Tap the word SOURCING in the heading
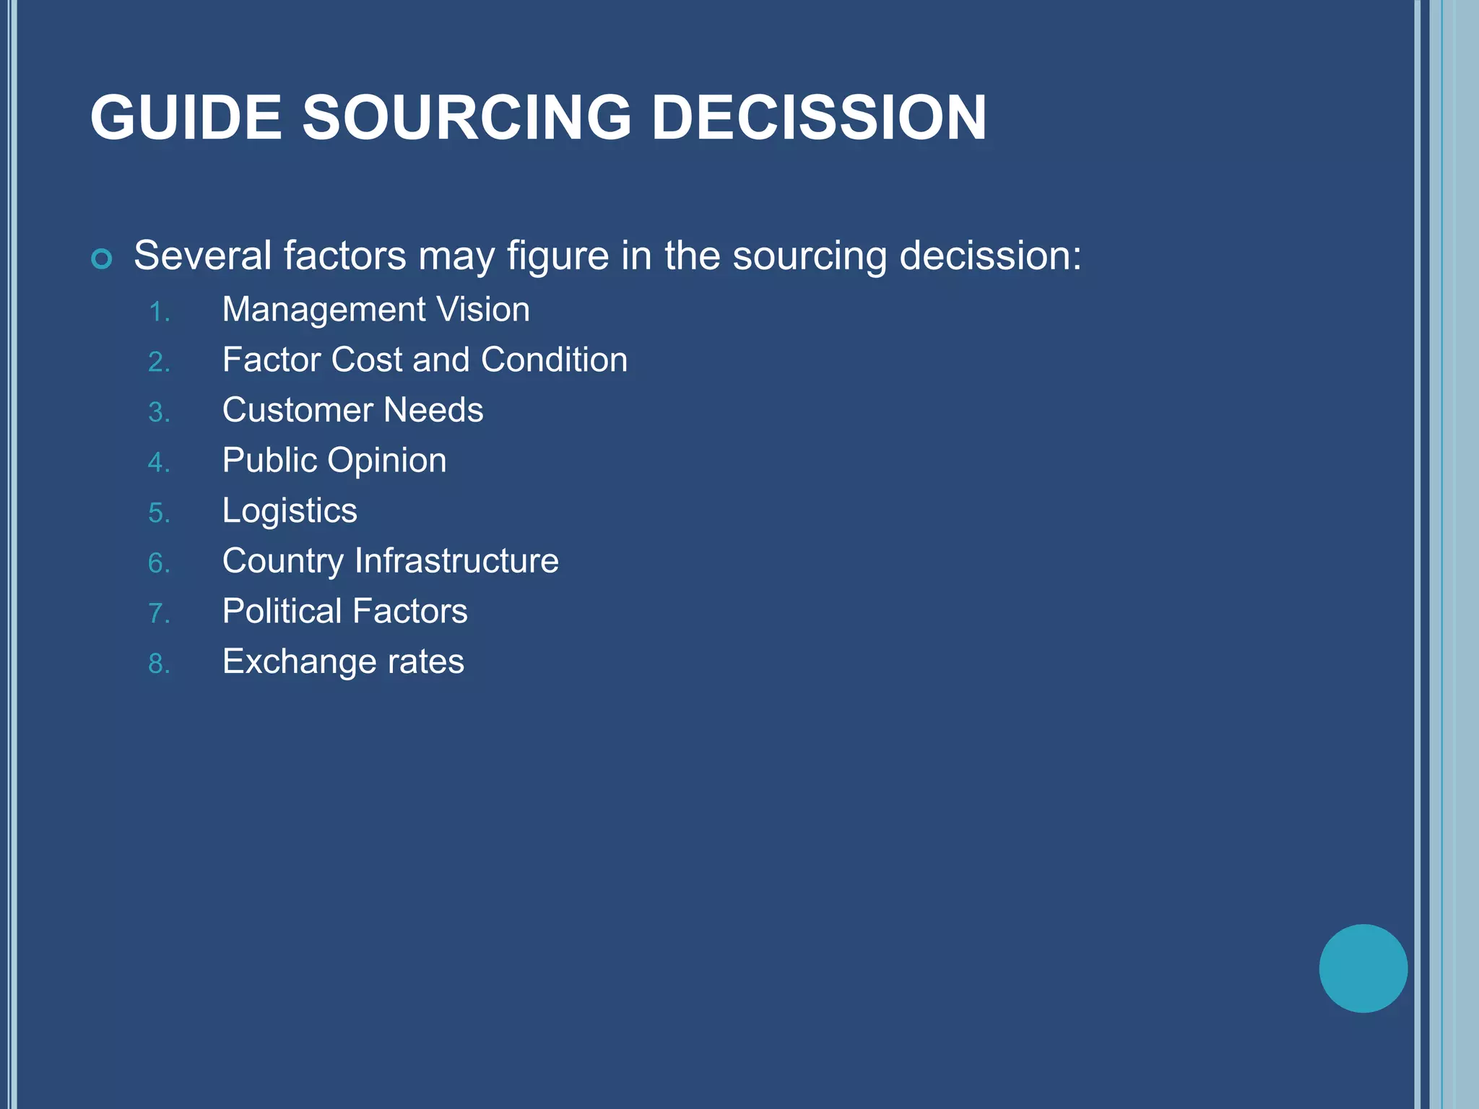(x=467, y=118)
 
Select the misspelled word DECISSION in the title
(x=819, y=118)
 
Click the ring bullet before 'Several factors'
(x=102, y=258)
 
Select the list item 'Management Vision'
(x=376, y=310)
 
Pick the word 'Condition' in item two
(x=554, y=360)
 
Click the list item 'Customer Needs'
(x=352, y=410)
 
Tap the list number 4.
(x=159, y=463)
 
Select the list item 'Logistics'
(x=290, y=511)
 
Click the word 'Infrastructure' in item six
(x=456, y=561)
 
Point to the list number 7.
(x=159, y=614)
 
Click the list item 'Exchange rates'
(x=343, y=662)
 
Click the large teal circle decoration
(x=1363, y=968)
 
